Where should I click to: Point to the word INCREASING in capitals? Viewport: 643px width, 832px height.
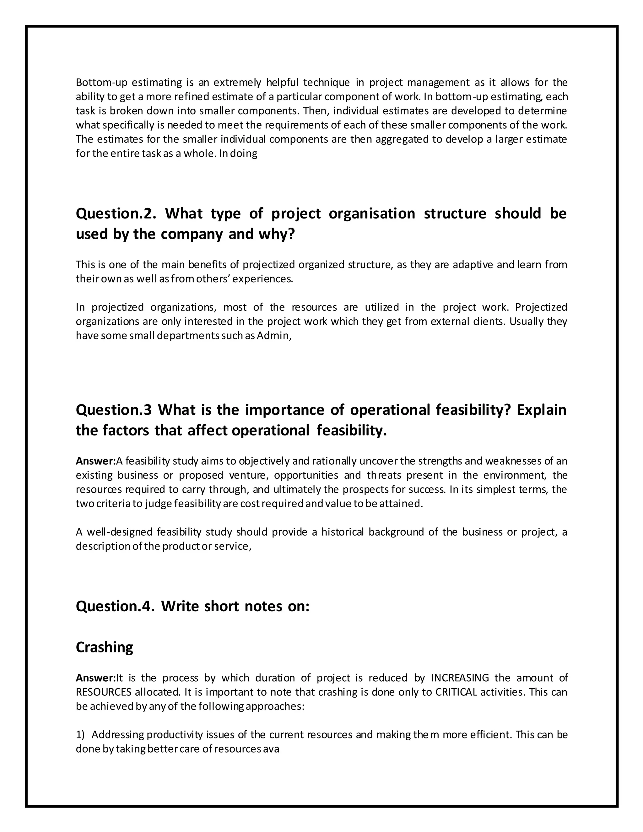pyautogui.click(x=459, y=678)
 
